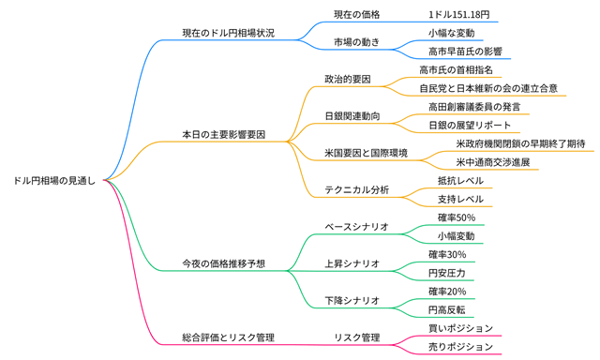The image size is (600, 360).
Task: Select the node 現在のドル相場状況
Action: [228, 33]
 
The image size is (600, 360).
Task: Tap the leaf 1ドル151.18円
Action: [458, 15]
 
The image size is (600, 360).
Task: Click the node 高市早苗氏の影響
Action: [465, 51]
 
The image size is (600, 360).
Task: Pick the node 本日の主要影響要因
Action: [223, 134]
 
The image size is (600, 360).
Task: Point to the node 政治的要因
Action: [347, 79]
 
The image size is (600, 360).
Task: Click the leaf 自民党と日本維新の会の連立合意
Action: [488, 88]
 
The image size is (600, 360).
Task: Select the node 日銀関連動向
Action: [352, 115]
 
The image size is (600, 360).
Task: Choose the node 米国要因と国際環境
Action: [366, 153]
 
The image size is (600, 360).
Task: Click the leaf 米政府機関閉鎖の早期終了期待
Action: [520, 143]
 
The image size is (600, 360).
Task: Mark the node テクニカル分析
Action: [356, 189]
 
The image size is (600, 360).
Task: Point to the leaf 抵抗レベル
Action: [460, 180]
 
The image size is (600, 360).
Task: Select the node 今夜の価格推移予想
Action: [223, 263]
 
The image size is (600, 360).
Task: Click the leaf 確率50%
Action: [456, 217]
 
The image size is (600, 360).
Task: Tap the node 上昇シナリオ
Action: [352, 263]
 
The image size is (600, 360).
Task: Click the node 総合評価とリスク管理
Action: [228, 337]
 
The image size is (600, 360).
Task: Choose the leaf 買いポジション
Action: [460, 328]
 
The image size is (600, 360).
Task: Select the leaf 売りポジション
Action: [460, 346]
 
